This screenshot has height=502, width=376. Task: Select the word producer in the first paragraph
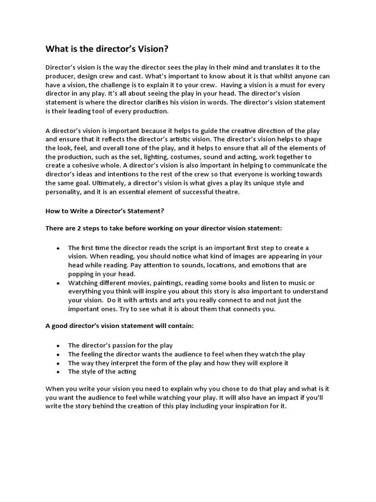click(61, 76)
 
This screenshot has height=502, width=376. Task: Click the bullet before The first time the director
click(59, 248)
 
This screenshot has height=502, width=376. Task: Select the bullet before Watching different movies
click(59, 283)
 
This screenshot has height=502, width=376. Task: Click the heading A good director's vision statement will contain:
click(120, 326)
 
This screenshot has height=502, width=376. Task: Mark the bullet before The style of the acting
click(59, 372)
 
